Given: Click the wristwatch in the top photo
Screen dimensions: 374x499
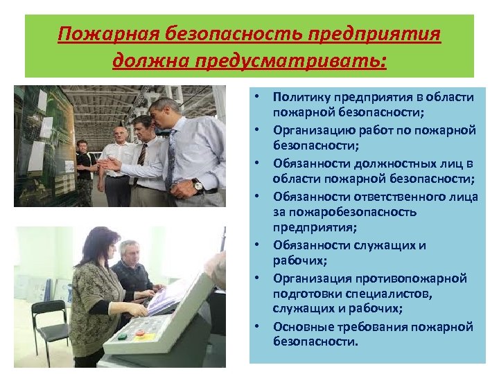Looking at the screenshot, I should (x=198, y=186).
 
